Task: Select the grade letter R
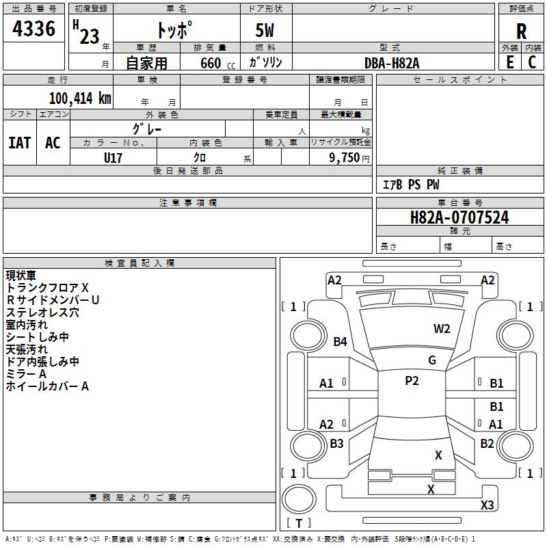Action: click(521, 31)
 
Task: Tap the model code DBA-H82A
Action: click(392, 62)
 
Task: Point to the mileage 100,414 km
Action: click(80, 98)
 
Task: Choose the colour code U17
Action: click(114, 157)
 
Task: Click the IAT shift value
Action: click(19, 142)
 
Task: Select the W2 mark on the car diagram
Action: click(442, 329)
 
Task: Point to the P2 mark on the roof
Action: click(412, 381)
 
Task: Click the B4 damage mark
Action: click(341, 341)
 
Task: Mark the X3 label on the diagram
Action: click(487, 505)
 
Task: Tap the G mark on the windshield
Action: click(432, 360)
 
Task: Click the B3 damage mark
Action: click(336, 444)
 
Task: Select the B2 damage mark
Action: click(487, 444)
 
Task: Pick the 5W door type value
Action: click(266, 31)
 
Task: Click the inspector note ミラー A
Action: click(26, 374)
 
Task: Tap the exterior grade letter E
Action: click(509, 62)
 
